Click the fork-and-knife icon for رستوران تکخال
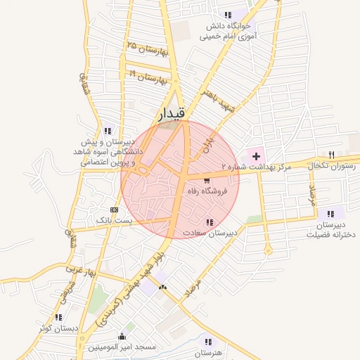[332, 154]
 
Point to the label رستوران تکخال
[330, 165]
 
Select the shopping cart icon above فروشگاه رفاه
[205, 181]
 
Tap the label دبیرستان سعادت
[210, 232]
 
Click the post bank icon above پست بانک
[115, 210]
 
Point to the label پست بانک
[115, 221]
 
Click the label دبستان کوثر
[57, 328]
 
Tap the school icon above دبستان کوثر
[58, 317]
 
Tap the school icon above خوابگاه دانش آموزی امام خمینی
[226, 15]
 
